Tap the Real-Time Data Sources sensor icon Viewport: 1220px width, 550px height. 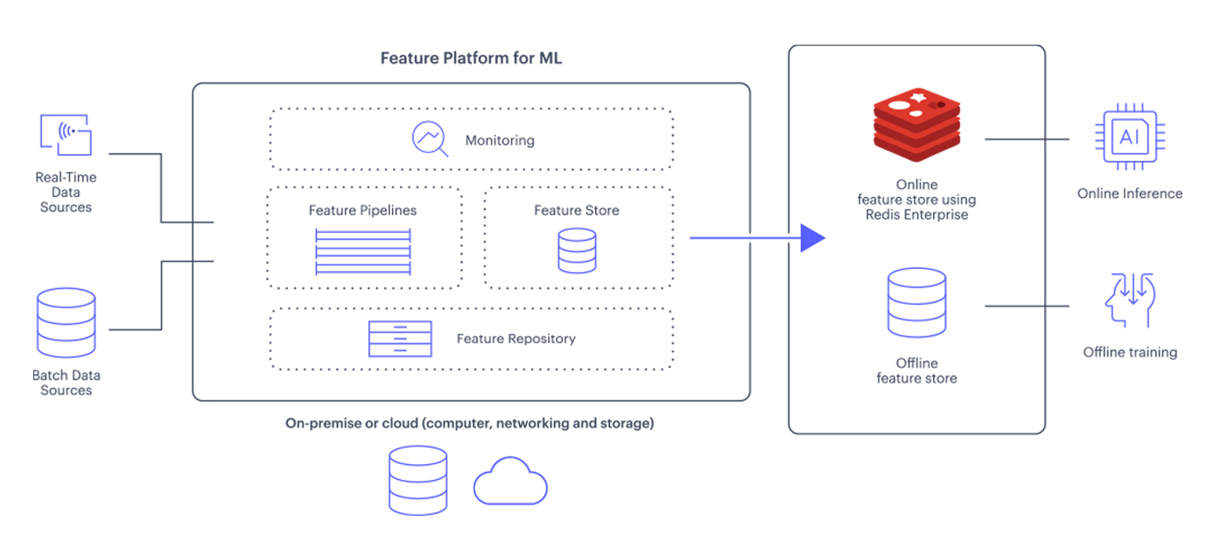pos(66,135)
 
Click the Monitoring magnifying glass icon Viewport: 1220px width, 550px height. pos(430,139)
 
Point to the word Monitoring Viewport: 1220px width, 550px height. pos(500,140)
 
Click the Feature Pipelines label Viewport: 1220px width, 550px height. pos(362,210)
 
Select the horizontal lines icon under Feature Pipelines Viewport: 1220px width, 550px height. pos(362,251)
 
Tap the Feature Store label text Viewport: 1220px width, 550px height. pos(576,210)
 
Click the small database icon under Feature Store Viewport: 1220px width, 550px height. pos(577,250)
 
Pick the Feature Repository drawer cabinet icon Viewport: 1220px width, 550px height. pos(400,339)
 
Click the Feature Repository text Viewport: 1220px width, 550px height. pos(515,339)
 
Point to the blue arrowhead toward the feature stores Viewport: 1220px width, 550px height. pos(812,237)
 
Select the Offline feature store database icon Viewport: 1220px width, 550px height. pos(916,303)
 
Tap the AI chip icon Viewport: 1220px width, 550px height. pos(1130,137)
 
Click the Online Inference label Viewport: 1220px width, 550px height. pos(1130,194)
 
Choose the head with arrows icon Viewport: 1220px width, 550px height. pos(1129,300)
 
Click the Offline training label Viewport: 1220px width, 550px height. pos(1130,352)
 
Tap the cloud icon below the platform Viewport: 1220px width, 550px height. pos(510,481)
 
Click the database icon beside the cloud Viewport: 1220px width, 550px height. pos(417,479)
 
